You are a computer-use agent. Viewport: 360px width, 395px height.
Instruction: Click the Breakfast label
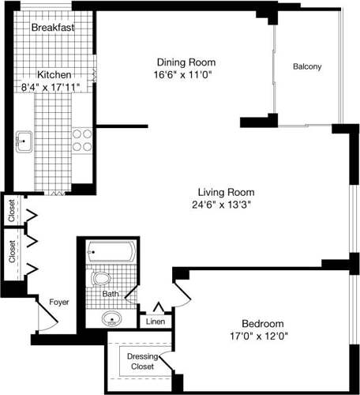(x=53, y=28)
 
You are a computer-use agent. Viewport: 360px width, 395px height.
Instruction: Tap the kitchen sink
(x=24, y=142)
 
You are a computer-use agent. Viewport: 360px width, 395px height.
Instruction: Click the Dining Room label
(x=186, y=62)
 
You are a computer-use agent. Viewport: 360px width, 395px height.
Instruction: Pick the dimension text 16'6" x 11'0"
(x=186, y=74)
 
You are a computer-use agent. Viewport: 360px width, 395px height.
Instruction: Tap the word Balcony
(x=307, y=67)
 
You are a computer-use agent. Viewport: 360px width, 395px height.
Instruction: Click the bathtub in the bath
(x=110, y=253)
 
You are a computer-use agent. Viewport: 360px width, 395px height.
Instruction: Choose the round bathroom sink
(x=113, y=320)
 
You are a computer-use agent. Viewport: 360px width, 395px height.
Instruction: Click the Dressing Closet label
(x=142, y=361)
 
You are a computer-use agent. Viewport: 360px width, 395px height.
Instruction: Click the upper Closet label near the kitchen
(x=11, y=210)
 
